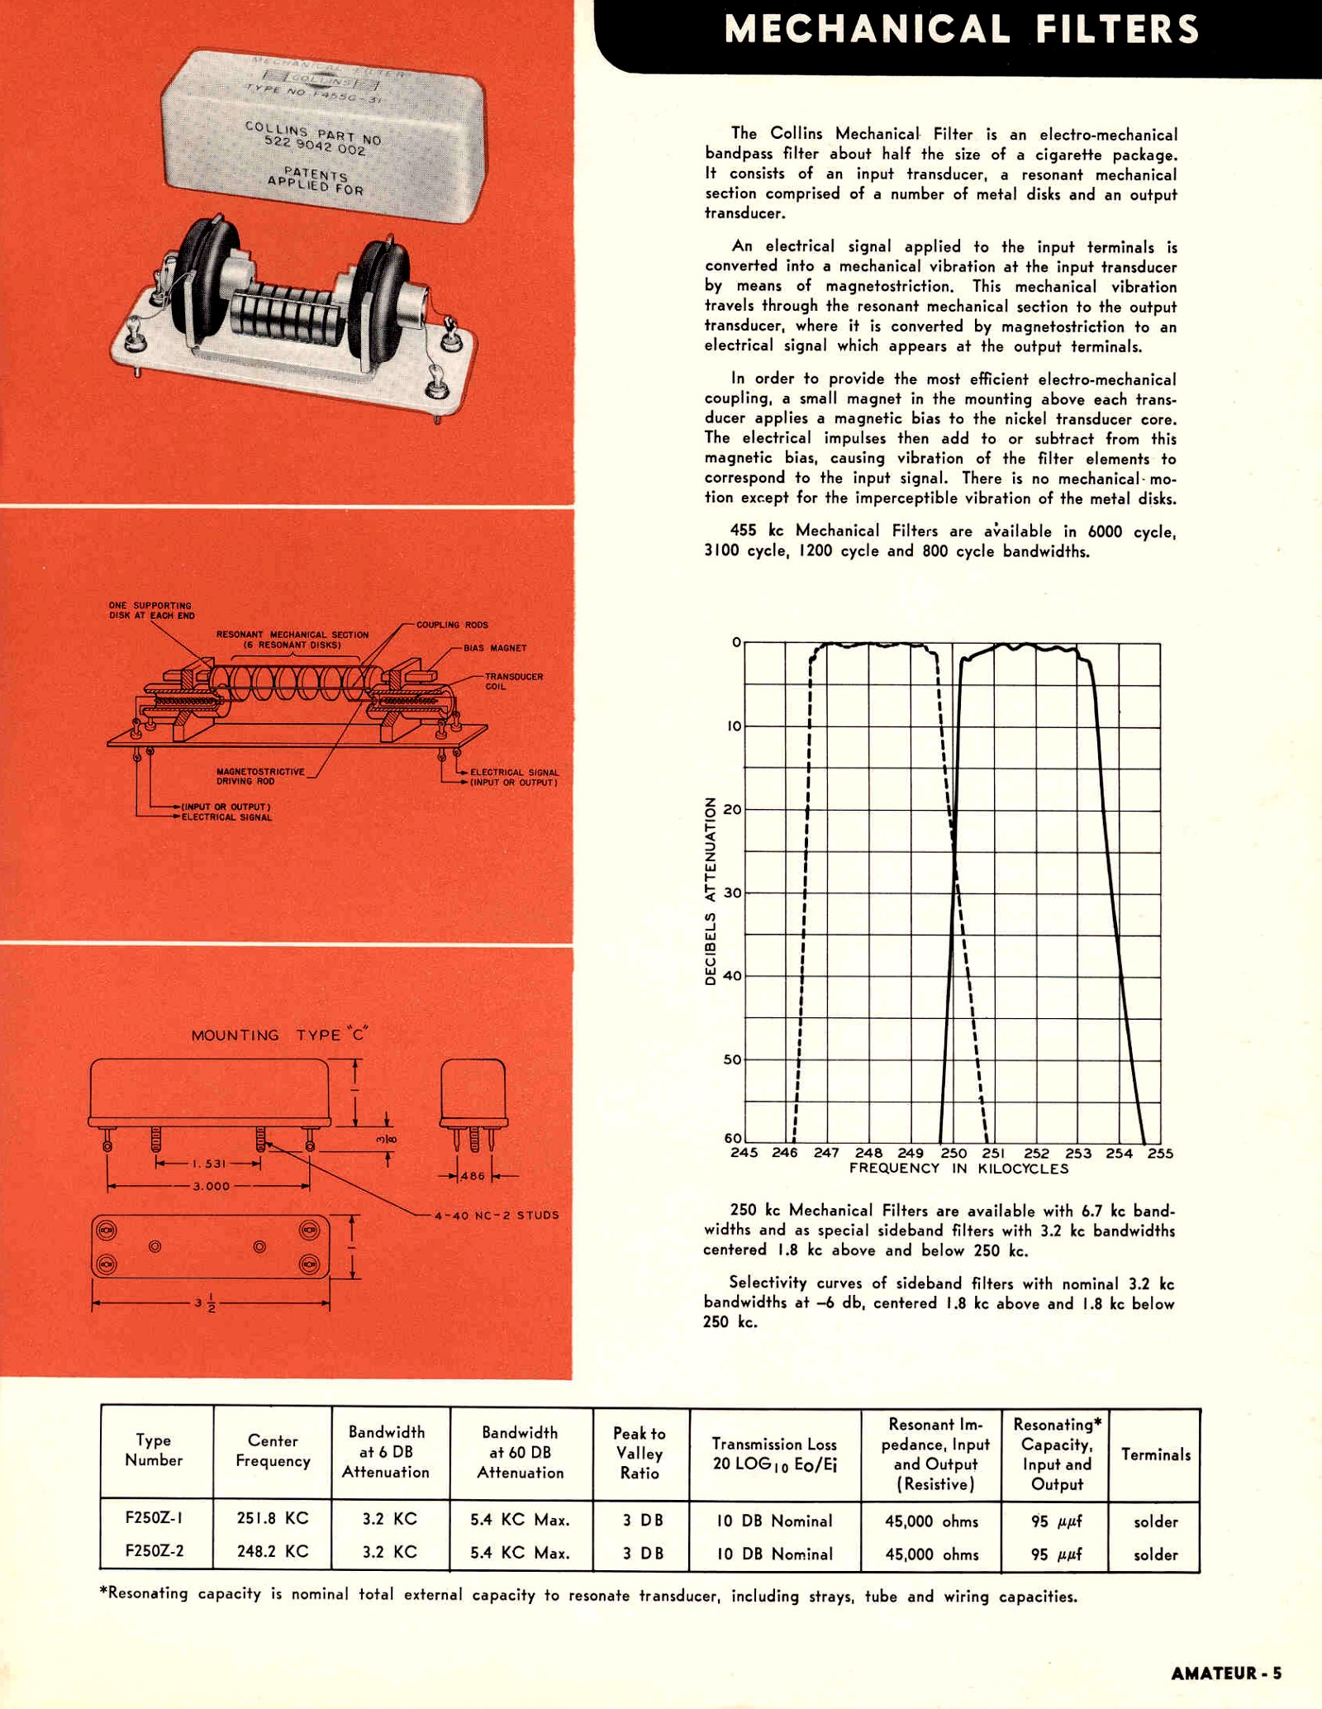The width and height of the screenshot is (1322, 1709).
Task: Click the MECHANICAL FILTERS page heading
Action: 961,30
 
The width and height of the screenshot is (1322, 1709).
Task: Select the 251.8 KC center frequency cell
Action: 273,1518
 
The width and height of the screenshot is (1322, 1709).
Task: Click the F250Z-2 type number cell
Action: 155,1550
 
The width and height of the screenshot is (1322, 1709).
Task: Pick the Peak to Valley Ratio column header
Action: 640,1453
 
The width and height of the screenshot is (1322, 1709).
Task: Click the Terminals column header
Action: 1155,1454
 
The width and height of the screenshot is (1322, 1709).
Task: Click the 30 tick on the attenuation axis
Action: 732,893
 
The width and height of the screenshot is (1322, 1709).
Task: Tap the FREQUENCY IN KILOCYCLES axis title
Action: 958,1169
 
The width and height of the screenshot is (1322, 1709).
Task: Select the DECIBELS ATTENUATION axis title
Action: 710,891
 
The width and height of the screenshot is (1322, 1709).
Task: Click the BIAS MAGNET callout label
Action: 494,648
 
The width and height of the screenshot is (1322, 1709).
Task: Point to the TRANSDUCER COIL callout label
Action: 513,681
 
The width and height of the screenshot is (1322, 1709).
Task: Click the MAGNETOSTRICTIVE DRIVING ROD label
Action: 260,776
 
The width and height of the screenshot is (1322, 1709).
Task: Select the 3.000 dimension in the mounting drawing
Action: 211,1186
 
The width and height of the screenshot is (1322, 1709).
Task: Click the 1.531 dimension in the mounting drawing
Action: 208,1164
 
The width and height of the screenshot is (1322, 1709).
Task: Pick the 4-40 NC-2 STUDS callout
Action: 497,1215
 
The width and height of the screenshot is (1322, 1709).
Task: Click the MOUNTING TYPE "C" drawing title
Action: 279,1035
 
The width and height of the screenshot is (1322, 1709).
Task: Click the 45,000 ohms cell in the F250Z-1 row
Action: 931,1521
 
